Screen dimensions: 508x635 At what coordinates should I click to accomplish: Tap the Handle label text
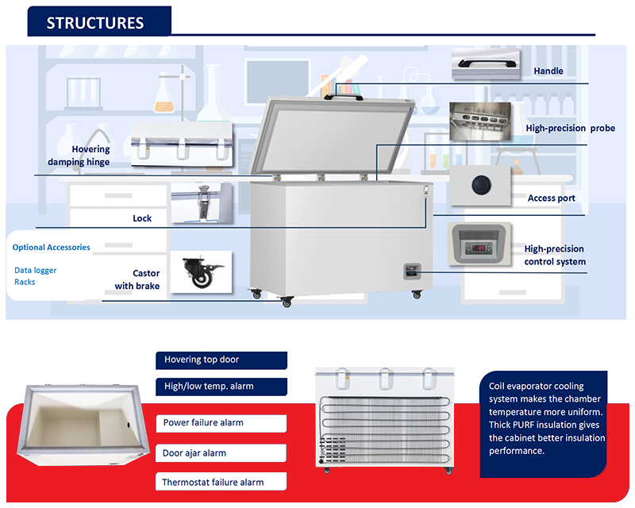tap(548, 71)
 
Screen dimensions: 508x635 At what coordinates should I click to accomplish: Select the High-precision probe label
tap(570, 129)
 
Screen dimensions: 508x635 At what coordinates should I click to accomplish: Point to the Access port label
tap(552, 198)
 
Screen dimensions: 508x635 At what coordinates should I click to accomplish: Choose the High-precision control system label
tap(555, 256)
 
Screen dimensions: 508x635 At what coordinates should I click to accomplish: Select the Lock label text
tap(142, 218)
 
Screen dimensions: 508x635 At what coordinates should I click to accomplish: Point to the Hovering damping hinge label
tap(80, 156)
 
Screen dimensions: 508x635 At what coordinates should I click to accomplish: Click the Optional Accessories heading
tap(52, 248)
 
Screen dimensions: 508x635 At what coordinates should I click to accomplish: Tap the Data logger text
tap(36, 271)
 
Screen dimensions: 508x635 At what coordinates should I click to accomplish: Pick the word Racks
tap(25, 283)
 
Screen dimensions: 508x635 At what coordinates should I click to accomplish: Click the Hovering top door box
tap(221, 360)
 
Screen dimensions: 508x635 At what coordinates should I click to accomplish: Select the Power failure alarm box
tap(221, 423)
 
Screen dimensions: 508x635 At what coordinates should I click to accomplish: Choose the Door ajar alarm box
tap(221, 453)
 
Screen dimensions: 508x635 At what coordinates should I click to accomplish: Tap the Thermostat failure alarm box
tap(221, 482)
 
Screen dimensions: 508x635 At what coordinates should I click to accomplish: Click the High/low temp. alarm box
tap(221, 387)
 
